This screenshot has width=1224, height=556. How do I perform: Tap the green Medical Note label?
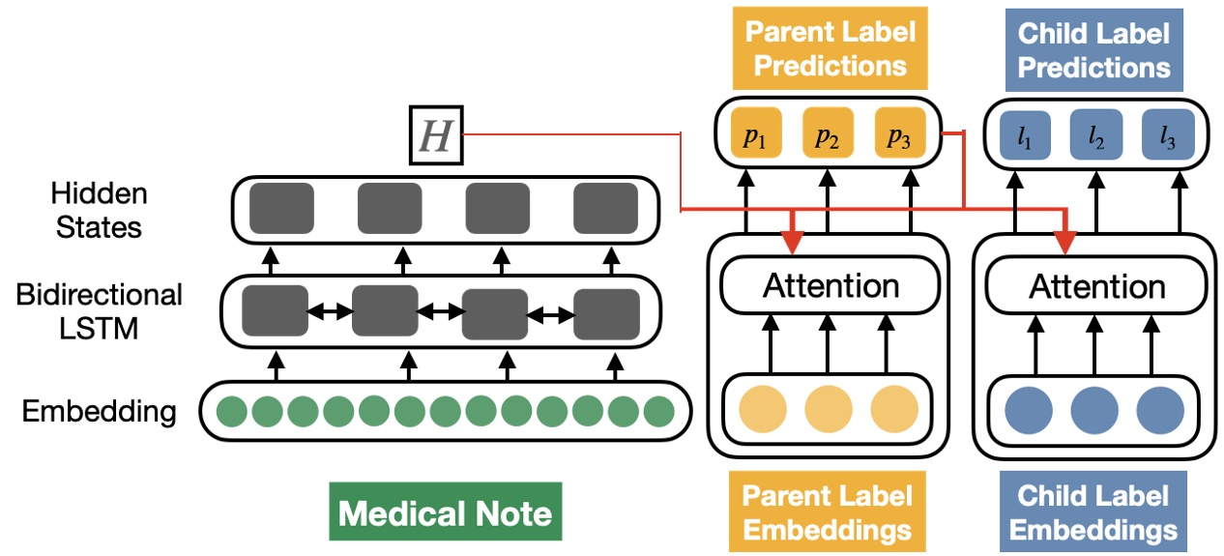(x=445, y=512)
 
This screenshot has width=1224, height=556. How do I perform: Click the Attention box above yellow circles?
(x=831, y=286)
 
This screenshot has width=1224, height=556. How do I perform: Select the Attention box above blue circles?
(x=1096, y=286)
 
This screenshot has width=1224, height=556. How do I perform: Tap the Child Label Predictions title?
(x=1093, y=48)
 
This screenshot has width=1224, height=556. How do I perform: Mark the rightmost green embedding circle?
(x=658, y=412)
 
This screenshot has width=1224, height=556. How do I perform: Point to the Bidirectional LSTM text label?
(x=99, y=311)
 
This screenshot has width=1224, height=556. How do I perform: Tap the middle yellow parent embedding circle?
(x=828, y=410)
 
